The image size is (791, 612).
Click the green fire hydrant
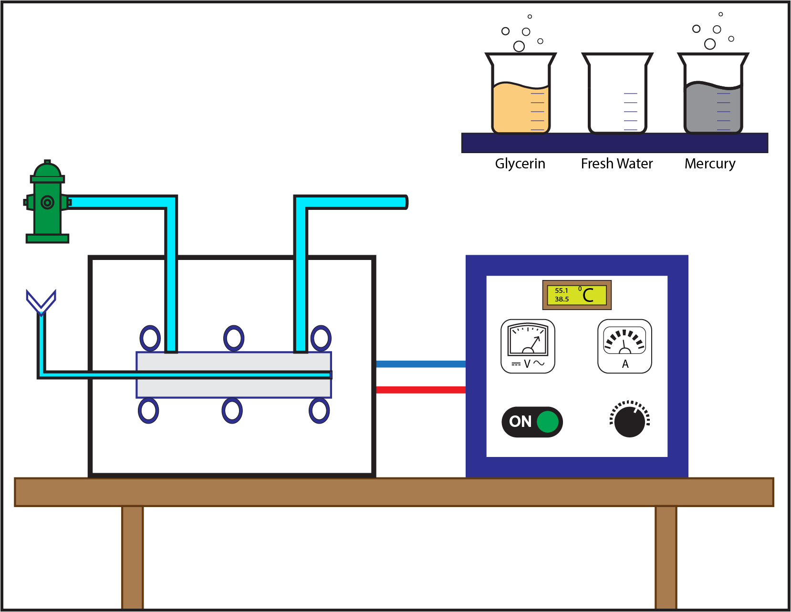[47, 203]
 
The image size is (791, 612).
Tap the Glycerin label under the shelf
[520, 164]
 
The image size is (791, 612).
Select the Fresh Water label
[616, 164]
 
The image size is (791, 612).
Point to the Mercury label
[709, 164]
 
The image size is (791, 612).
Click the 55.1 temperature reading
[561, 290]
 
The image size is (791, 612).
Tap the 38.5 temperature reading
[562, 299]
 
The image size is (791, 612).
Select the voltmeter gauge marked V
[528, 346]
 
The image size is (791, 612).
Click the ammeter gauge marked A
[624, 346]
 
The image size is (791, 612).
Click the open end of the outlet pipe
[405, 202]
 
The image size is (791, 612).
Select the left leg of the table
[132, 557]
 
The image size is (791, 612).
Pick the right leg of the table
[666, 557]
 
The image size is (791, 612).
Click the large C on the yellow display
[588, 295]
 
